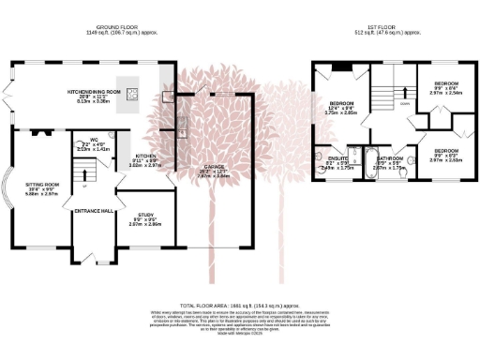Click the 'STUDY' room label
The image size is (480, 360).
[x=145, y=216]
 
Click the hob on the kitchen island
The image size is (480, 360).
[x=134, y=93]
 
